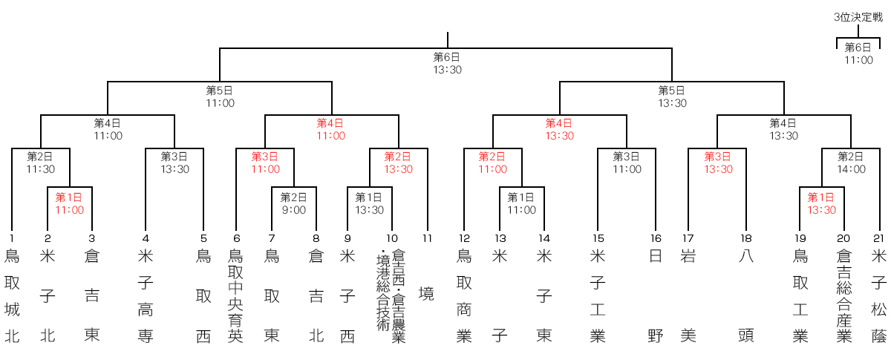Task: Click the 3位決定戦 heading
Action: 858,17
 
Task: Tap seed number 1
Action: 12,238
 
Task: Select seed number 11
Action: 427,238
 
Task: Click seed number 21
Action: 878,238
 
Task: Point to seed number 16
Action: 656,238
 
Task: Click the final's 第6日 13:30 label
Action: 447,64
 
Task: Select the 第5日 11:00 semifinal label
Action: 220,97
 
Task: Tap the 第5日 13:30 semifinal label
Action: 672,97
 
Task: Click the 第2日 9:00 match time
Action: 293,203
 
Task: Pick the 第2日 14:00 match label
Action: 851,163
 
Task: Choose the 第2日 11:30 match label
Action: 40,163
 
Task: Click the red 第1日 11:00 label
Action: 69,203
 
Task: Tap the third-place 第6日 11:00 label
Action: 858,53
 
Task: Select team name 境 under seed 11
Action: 426,294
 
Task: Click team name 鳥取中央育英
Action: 235,296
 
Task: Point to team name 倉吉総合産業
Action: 843,296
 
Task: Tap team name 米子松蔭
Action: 878,296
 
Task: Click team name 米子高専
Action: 146,296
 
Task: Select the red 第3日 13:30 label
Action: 719,163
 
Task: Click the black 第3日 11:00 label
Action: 627,163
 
